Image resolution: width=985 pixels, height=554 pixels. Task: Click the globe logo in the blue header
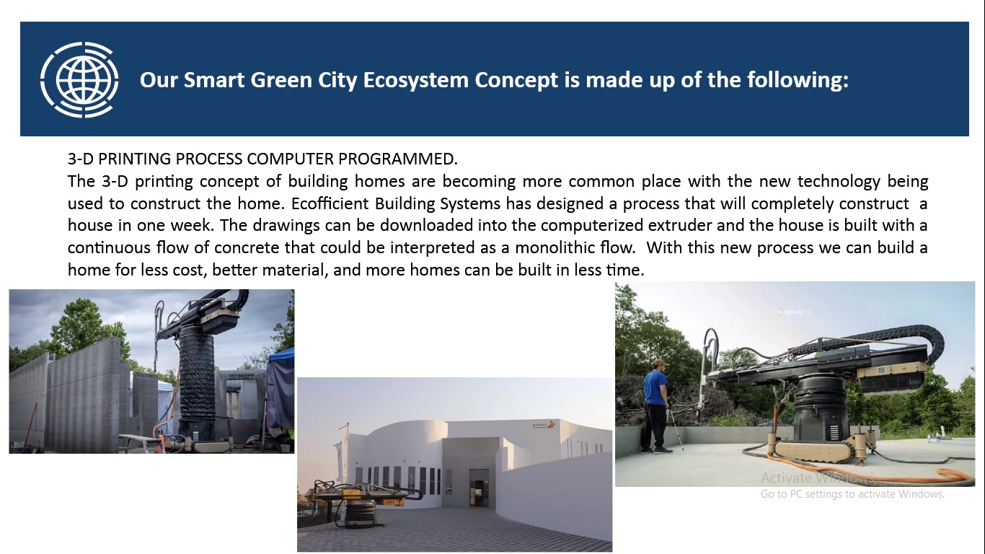tap(79, 79)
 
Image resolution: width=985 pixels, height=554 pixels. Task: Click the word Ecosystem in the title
tap(415, 81)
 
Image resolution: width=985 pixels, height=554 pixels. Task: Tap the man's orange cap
tap(660, 363)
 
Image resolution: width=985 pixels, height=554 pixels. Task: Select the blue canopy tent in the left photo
tap(281, 387)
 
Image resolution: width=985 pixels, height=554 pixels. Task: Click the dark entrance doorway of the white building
tap(478, 488)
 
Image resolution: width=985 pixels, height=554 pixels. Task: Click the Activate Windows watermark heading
tap(817, 478)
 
